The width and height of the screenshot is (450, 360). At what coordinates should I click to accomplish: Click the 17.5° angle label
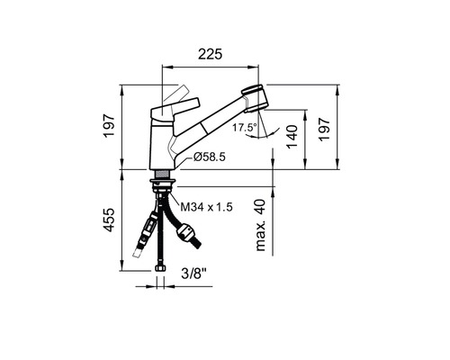pyautogui.click(x=244, y=128)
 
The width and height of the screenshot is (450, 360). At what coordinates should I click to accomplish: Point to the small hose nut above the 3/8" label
pyautogui.click(x=162, y=263)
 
